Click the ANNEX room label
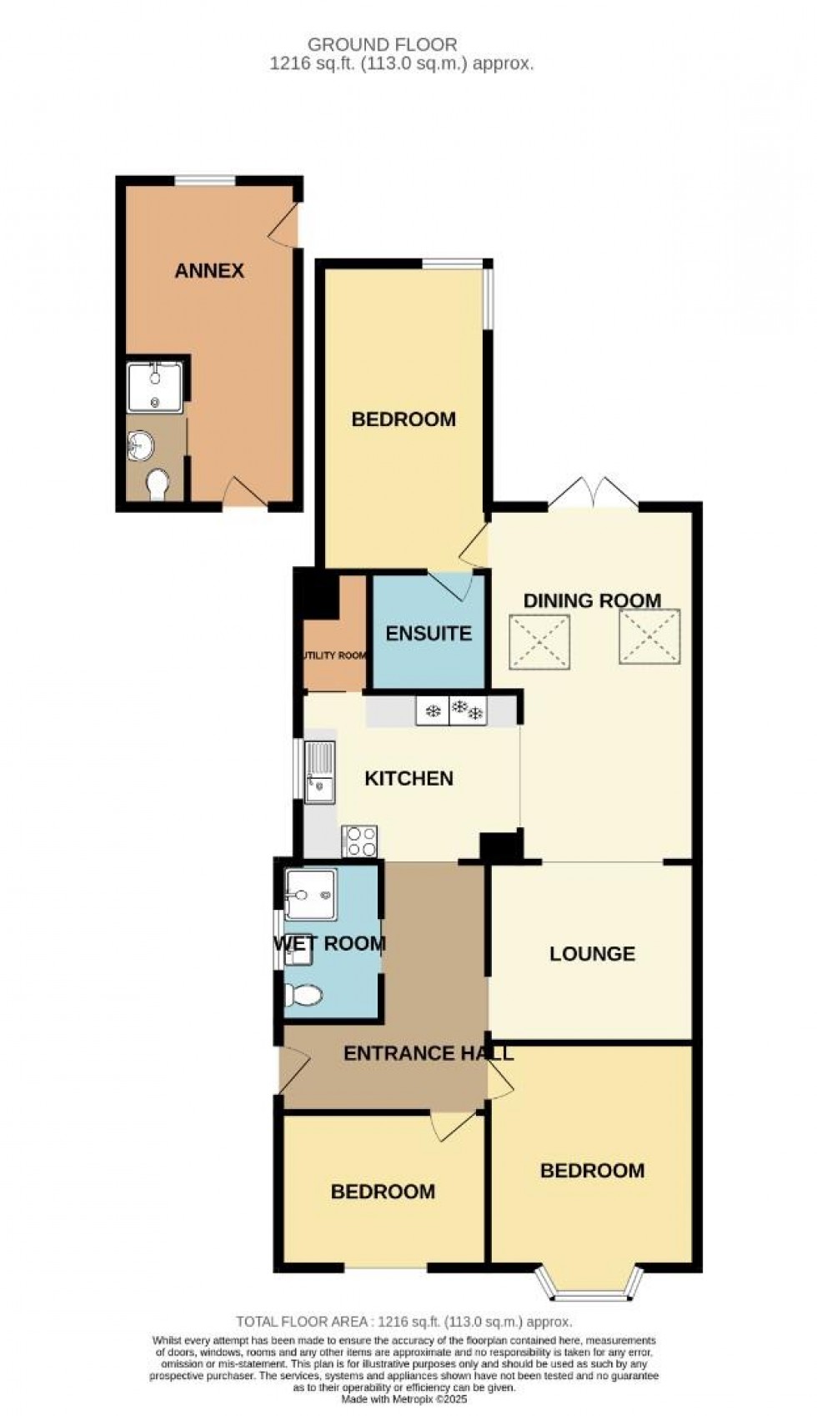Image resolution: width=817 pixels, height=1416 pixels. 209,270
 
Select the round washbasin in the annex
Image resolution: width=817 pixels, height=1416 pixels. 143,445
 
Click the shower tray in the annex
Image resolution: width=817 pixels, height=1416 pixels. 155,386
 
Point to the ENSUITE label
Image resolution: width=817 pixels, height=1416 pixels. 429,633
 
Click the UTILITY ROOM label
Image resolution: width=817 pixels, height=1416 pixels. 334,655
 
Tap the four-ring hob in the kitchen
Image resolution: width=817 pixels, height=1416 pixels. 360,841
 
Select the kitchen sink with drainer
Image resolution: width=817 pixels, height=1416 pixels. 319,771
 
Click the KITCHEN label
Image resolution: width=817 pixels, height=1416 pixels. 409,778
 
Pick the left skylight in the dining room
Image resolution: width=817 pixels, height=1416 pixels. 540,641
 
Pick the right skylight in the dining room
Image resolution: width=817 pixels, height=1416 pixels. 650,636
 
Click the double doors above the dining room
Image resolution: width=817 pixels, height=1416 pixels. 593,494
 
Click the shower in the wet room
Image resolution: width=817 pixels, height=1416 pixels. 311,895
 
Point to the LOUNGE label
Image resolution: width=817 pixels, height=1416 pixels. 592,953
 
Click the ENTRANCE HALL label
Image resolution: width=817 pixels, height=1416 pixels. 429,1053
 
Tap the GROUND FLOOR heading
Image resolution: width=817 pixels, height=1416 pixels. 383,44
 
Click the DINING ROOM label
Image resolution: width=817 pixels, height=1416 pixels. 592,600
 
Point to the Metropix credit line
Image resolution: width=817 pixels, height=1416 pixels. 404,1388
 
